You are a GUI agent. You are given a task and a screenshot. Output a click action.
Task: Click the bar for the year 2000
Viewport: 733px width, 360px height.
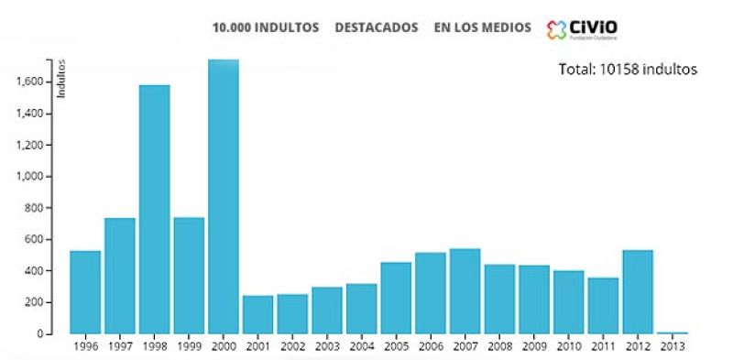pos(224,196)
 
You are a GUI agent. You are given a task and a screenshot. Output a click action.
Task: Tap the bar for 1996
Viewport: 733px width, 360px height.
pos(85,291)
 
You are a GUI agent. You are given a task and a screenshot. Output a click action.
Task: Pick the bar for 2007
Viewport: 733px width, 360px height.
pos(465,290)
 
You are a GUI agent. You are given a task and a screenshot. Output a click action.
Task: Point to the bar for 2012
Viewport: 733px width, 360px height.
pos(638,291)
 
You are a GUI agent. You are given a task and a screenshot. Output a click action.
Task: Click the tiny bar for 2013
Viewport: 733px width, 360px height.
pos(672,332)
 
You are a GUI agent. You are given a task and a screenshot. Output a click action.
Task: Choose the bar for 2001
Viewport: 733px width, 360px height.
pos(257,314)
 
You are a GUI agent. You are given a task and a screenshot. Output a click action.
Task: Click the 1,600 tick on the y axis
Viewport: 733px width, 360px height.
pos(31,82)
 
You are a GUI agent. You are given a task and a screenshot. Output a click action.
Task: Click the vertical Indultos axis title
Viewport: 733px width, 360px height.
pos(62,79)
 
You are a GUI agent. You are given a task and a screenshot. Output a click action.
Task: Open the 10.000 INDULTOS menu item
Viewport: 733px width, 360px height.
pos(266,27)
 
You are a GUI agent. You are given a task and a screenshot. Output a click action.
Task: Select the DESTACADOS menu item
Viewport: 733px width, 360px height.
pos(377,27)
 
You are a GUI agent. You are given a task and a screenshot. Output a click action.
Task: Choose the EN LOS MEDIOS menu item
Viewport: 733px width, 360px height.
pos(482,27)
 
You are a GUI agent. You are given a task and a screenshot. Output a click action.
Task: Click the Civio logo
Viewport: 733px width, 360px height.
pos(581,29)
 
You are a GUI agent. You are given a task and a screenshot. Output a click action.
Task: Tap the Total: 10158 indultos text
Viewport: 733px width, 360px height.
pos(628,69)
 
